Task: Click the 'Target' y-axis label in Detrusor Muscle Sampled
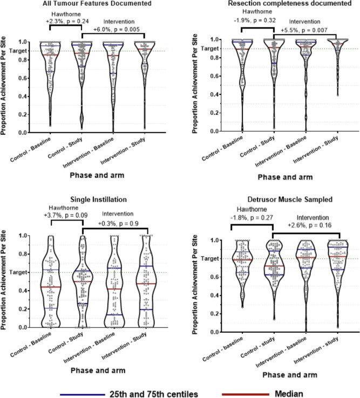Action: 207,259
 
